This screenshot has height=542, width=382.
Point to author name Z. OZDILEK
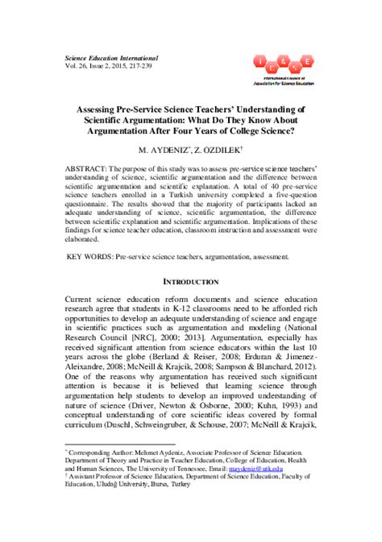pyautogui.click(x=218, y=150)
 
